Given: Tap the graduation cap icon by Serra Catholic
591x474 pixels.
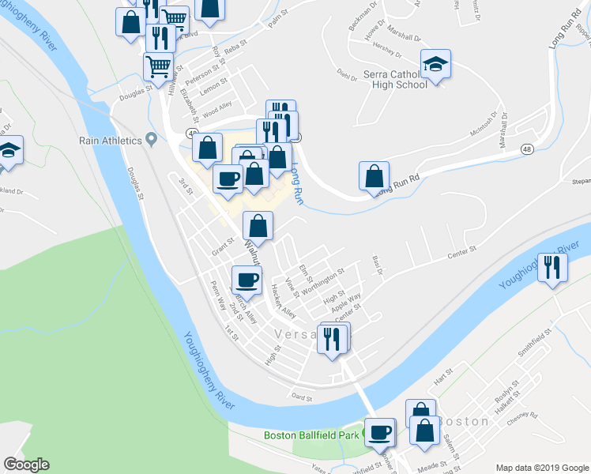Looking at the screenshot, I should tap(435, 64).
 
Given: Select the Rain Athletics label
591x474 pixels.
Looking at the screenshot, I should tap(110, 141).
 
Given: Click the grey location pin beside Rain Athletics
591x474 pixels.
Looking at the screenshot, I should tap(153, 141).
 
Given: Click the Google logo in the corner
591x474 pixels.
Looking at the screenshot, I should tap(26, 465).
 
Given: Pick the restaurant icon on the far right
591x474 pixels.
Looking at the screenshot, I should tap(551, 267).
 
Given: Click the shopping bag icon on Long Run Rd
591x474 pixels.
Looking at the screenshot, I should tap(375, 176).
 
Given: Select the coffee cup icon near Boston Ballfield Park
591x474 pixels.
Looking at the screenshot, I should tap(381, 432).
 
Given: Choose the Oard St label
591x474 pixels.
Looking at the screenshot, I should tap(302, 397).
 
